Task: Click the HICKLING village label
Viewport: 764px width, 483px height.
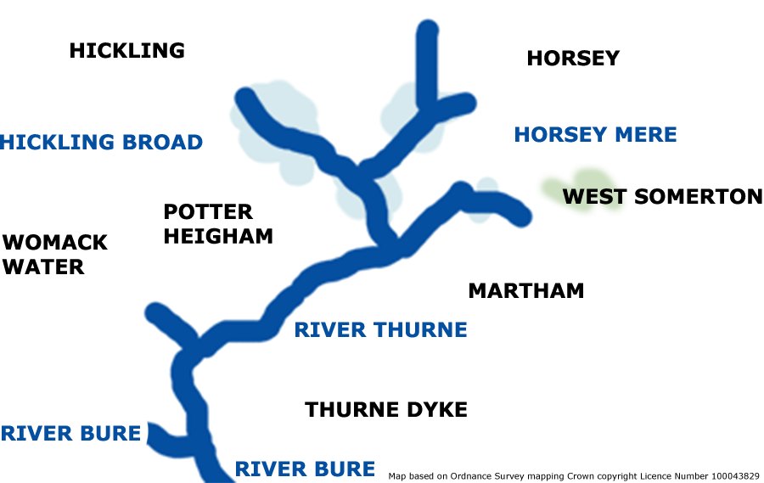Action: (126, 51)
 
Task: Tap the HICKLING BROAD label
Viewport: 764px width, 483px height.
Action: (102, 143)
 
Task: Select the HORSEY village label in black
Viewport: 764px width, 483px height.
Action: (573, 59)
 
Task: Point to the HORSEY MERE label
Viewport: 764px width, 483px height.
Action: (595, 134)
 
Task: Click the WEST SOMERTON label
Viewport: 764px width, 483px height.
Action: (662, 197)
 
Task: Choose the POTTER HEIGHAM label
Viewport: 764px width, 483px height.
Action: (218, 223)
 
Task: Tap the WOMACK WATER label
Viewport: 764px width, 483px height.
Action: (54, 255)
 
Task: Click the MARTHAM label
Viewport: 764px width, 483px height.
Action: (526, 291)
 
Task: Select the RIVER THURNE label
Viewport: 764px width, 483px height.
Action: (380, 330)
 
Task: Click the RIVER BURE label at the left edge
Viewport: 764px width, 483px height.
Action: (70, 434)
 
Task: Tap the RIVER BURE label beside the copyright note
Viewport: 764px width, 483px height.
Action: (305, 469)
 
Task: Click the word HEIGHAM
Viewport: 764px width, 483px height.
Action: (218, 236)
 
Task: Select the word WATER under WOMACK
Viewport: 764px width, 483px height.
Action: (43, 267)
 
